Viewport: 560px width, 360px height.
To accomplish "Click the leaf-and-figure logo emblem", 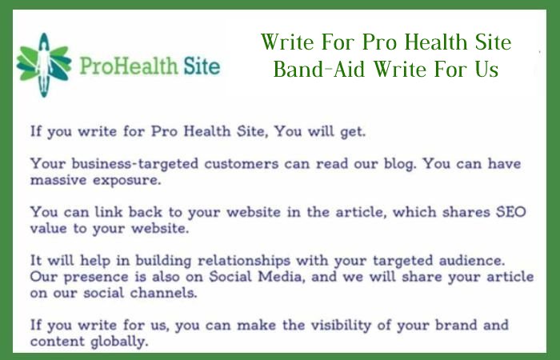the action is click(43, 65).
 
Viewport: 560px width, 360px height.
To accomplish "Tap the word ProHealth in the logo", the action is click(129, 66).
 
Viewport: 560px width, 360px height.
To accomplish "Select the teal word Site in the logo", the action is click(202, 66).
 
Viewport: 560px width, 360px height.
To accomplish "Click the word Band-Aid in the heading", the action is click(319, 69).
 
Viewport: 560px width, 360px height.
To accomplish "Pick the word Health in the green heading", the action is click(436, 42).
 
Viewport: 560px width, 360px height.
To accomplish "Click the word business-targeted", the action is click(135, 164).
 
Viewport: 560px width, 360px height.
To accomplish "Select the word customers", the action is click(242, 164).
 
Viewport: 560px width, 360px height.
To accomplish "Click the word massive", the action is click(58, 180).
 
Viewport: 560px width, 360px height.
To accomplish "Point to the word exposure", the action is click(127, 181).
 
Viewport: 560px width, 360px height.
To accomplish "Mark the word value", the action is click(48, 229).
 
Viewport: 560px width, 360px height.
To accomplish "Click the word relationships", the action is click(244, 261).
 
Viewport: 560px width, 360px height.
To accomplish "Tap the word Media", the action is click(282, 277).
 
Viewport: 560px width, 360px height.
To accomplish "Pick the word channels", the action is click(163, 294).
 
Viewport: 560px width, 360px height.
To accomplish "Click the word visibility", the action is click(341, 326).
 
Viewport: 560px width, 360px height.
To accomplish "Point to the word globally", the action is click(119, 342).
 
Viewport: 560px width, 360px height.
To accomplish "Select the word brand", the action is click(456, 326).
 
